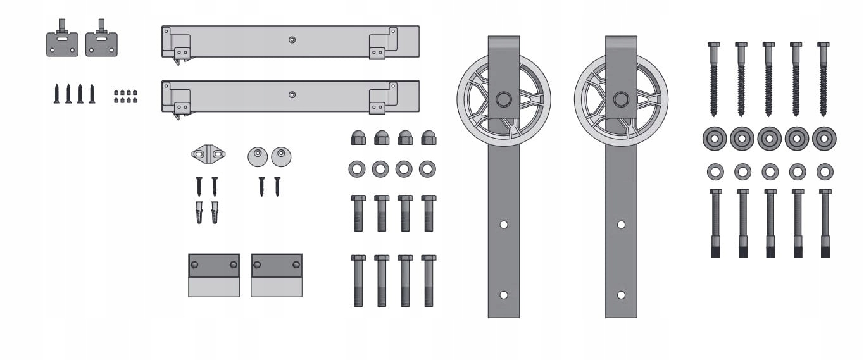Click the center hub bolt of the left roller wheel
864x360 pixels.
(504, 99)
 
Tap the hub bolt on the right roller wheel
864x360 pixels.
(621, 99)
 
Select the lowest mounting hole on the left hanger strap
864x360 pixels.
(504, 295)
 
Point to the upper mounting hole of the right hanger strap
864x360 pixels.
(621, 225)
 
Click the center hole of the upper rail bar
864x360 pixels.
(292, 40)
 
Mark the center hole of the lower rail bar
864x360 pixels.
(292, 95)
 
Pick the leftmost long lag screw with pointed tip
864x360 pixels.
(713, 79)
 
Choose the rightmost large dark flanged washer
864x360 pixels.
(824, 139)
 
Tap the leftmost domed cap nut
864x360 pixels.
(358, 137)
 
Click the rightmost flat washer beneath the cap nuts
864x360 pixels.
(427, 169)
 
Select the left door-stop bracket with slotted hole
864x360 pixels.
(62, 40)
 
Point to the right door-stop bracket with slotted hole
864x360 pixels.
(101, 40)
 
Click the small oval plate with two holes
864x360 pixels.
(208, 153)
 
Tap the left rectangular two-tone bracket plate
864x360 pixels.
(214, 275)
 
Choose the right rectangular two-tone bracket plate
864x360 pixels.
(277, 275)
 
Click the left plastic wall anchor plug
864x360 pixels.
(199, 212)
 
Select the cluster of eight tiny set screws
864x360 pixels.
(125, 96)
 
